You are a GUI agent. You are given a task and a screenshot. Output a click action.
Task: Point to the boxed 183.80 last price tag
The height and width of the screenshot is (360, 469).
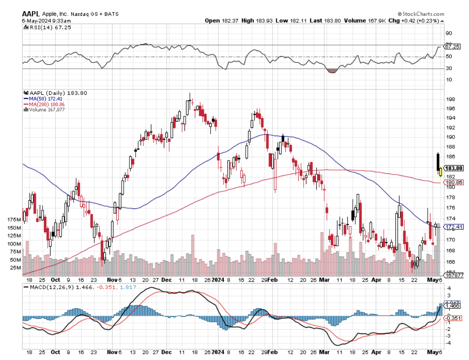(454, 168)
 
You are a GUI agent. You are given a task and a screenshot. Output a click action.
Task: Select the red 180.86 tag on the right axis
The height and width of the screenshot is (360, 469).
(453, 182)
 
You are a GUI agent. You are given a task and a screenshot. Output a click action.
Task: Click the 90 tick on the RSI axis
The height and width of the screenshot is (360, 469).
(448, 33)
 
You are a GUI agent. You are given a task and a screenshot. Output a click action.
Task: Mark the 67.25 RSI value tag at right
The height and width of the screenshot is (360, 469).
(452, 46)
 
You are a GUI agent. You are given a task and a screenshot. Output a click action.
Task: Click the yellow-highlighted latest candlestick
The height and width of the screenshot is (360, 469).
(441, 171)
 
